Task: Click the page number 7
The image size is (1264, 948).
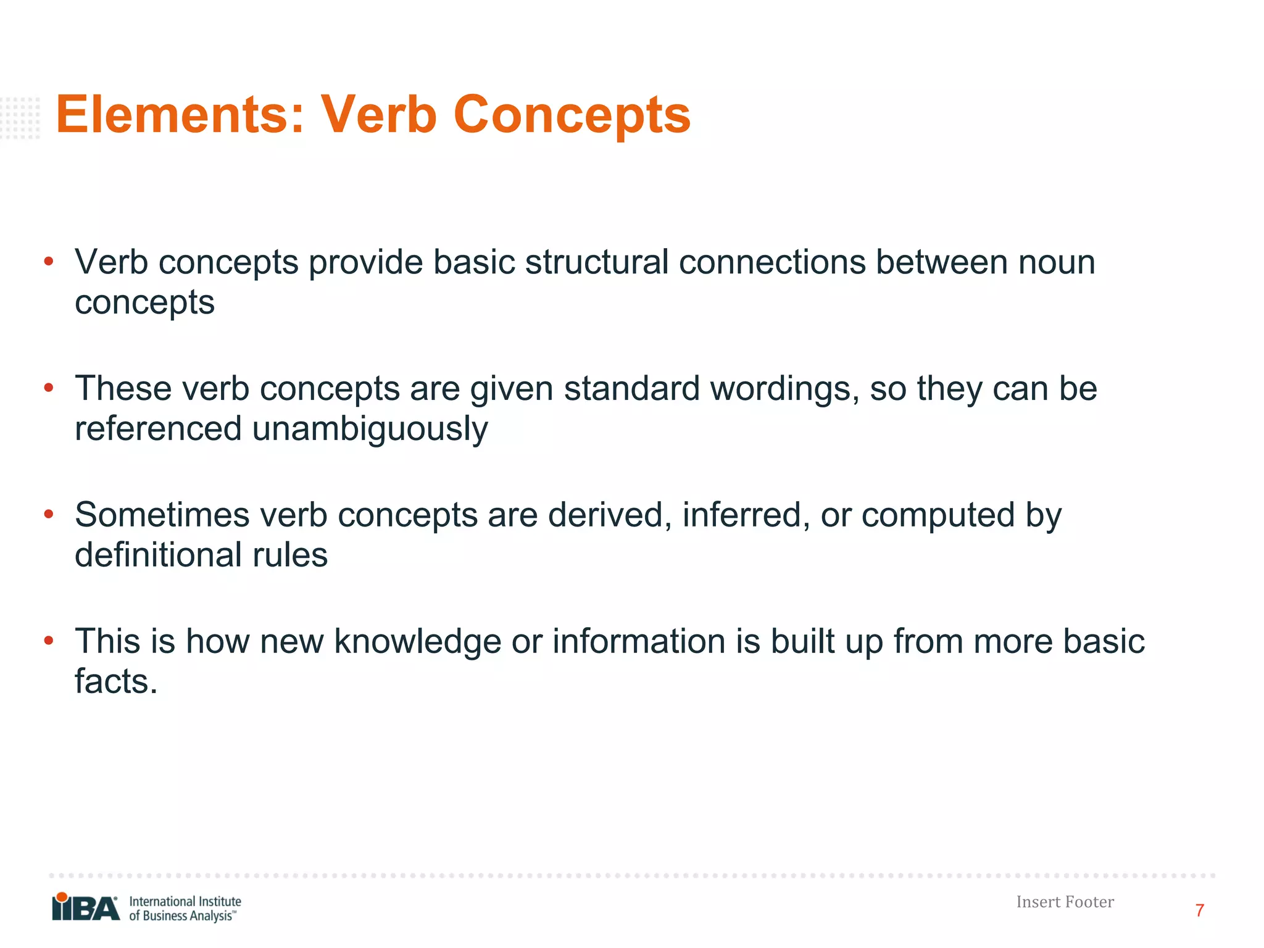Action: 1199,910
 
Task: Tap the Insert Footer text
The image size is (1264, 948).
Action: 1065,902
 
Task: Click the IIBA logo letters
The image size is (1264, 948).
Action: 86,908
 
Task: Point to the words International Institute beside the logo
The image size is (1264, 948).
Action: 185,902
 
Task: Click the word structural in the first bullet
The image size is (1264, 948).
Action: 597,262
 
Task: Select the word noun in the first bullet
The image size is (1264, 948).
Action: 1057,262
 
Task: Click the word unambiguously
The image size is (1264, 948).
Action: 370,429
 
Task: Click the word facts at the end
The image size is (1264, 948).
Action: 116,681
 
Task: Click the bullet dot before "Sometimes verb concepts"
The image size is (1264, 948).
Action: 49,514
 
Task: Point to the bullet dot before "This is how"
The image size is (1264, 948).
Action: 49,641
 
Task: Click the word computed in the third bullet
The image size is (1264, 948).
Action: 938,515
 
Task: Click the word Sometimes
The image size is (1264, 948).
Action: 162,515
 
